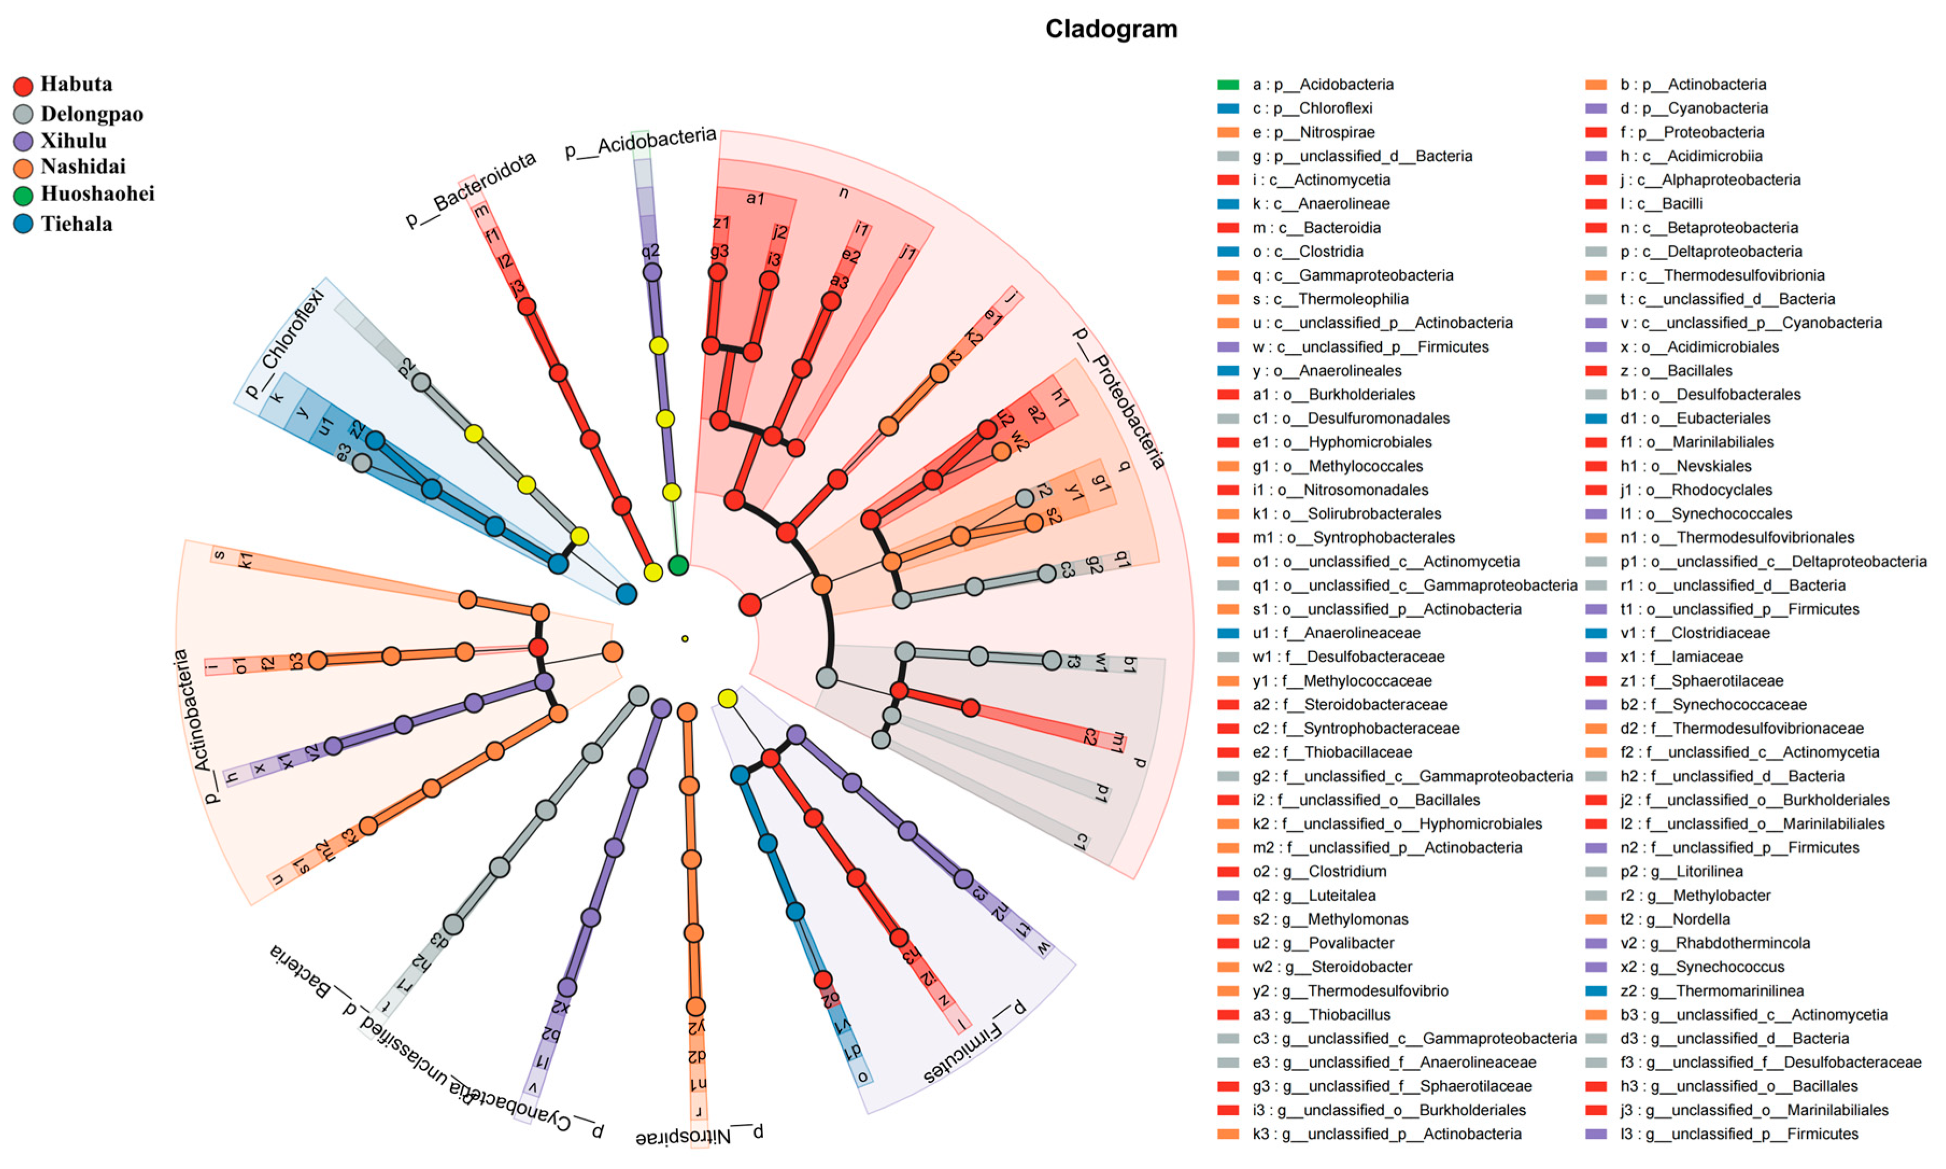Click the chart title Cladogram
1111,29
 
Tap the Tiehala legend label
76,225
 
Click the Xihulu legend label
73,141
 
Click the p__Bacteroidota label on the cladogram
470,189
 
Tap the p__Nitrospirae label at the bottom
700,1135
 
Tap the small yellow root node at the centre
685,639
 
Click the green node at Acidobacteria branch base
678,565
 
